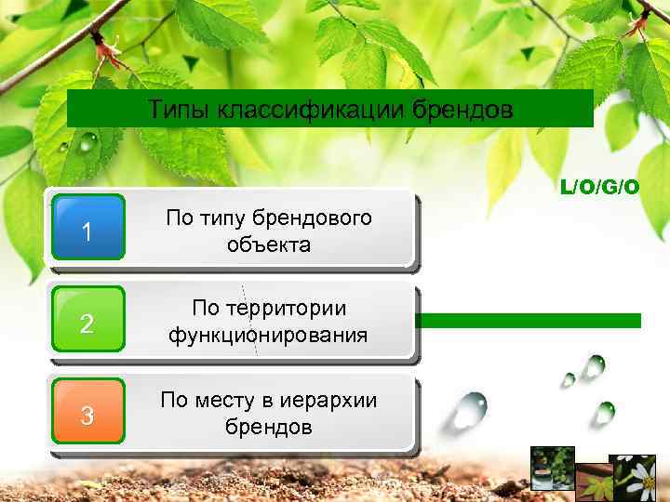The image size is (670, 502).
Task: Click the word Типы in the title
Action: coord(180,112)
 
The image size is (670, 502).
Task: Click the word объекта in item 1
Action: coord(268,244)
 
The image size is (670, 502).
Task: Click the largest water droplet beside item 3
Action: coord(469,406)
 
